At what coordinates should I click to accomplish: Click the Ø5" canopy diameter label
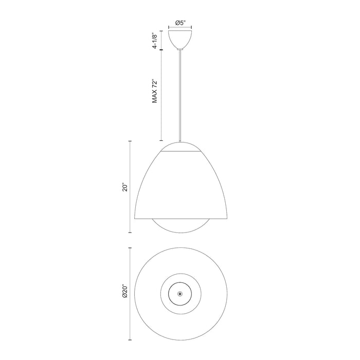point(180,23)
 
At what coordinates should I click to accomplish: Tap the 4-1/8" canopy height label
point(154,40)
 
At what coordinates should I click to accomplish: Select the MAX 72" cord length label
point(154,92)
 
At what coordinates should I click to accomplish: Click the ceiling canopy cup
point(180,39)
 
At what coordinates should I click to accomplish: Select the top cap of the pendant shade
point(180,147)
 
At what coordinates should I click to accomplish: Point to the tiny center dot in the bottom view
point(180,293)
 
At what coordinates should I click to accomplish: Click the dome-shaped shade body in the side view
point(180,185)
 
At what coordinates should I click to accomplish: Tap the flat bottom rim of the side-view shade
point(180,218)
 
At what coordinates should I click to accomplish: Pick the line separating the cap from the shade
point(180,153)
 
